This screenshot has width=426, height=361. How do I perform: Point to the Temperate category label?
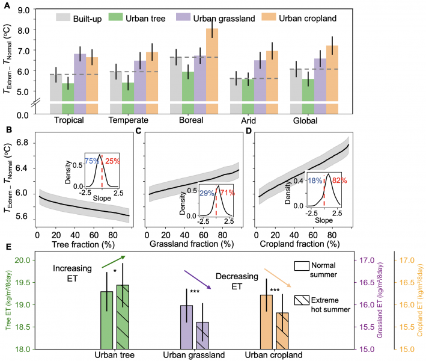pos(129,120)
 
